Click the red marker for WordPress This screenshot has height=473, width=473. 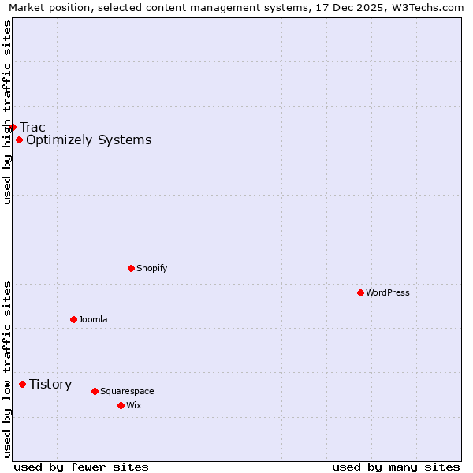click(x=360, y=292)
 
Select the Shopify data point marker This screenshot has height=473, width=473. click(x=131, y=268)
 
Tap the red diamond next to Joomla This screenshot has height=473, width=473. click(x=73, y=319)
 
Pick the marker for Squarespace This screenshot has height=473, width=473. click(x=95, y=391)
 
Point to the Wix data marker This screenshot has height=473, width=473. click(x=121, y=405)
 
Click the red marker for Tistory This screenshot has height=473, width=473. click(x=22, y=384)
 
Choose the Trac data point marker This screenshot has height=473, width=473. click(x=13, y=127)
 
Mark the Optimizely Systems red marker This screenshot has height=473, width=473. click(x=19, y=140)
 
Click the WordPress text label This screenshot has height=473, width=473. click(x=388, y=292)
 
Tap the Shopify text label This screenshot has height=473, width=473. click(x=152, y=268)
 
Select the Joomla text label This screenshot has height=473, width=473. click(x=93, y=319)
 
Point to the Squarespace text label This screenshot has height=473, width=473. click(x=127, y=391)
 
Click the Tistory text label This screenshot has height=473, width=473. click(x=50, y=384)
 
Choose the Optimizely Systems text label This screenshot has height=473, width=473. click(x=88, y=140)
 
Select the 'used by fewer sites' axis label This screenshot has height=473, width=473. click(x=81, y=467)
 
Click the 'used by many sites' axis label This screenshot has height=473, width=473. click(x=396, y=467)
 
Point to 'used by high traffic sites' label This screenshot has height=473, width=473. click(x=7, y=112)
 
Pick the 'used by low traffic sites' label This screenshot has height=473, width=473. click(x=7, y=369)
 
